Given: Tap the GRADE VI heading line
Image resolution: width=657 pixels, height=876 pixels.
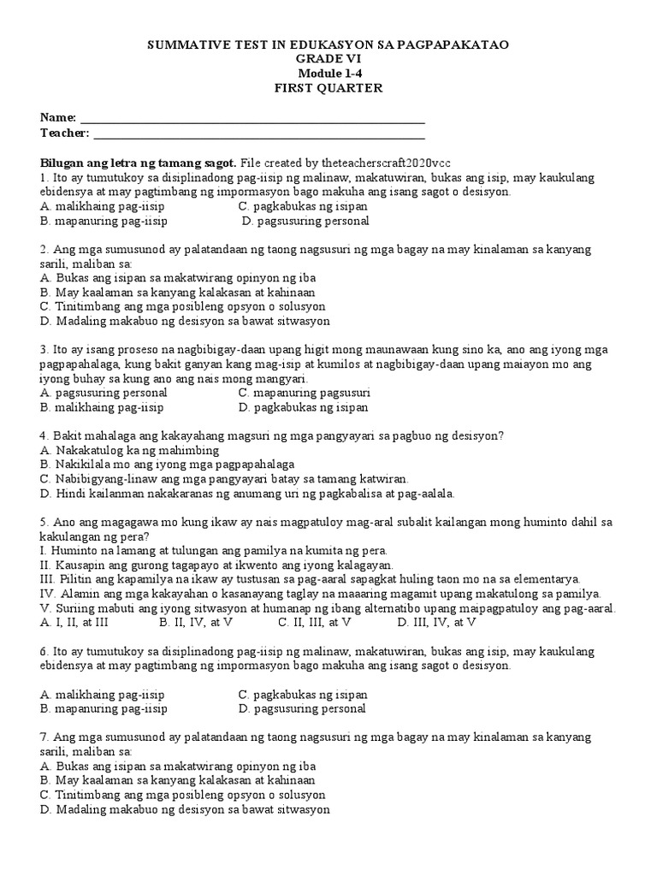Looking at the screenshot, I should click(328, 59).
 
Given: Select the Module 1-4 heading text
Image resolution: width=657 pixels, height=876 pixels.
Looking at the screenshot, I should click(328, 74).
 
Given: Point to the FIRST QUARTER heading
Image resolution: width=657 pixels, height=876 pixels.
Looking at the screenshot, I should click(328, 88).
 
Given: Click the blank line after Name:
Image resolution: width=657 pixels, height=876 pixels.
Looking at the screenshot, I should click(252, 119).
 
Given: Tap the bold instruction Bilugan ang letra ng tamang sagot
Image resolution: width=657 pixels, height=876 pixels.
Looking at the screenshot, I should click(139, 163).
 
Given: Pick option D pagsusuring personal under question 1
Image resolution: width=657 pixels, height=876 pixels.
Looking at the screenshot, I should click(305, 221).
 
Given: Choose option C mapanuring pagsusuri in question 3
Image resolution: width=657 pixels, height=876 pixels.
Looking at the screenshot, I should click(304, 392).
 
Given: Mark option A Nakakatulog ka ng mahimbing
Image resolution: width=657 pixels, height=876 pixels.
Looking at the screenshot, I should click(130, 450).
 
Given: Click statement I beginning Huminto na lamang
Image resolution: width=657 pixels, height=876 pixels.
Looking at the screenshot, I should click(214, 550).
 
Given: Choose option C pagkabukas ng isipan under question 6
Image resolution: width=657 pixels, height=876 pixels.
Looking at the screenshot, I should click(303, 694).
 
